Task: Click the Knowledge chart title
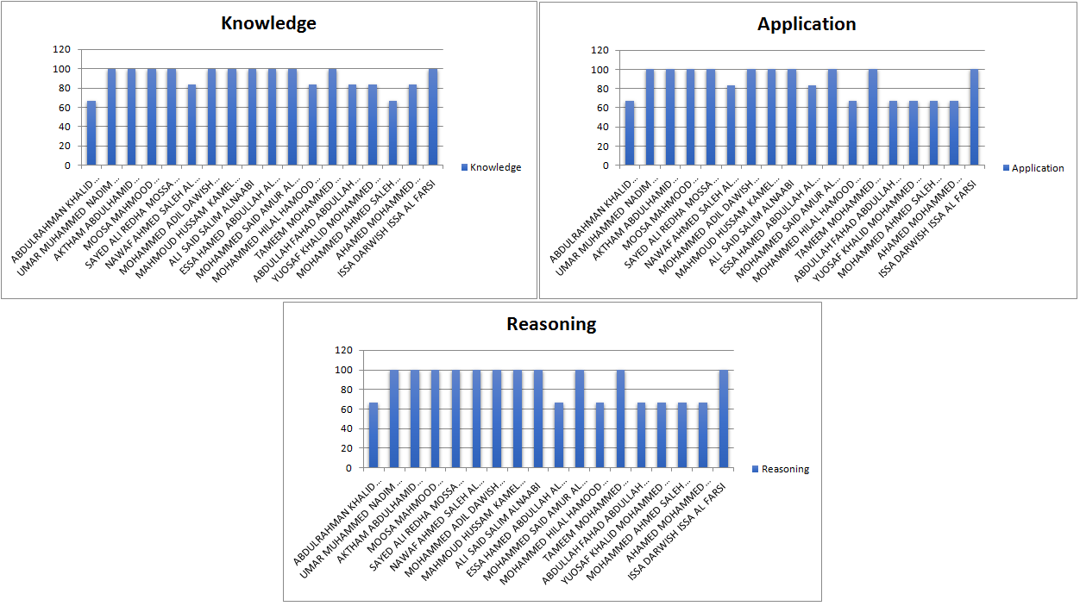pyautogui.click(x=268, y=23)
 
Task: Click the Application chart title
pyautogui.click(x=807, y=24)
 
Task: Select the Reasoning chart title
pyautogui.click(x=551, y=324)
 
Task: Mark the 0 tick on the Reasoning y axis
pyautogui.click(x=348, y=468)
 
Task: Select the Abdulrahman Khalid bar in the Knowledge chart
pyautogui.click(x=91, y=133)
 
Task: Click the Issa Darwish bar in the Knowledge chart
pyautogui.click(x=433, y=116)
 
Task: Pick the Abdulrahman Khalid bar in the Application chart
pyautogui.click(x=630, y=133)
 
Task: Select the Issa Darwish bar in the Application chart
pyautogui.click(x=974, y=116)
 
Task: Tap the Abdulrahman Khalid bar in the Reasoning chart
pyautogui.click(x=374, y=434)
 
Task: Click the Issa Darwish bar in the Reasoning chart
pyautogui.click(x=724, y=418)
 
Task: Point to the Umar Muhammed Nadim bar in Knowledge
pyautogui.click(x=111, y=116)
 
